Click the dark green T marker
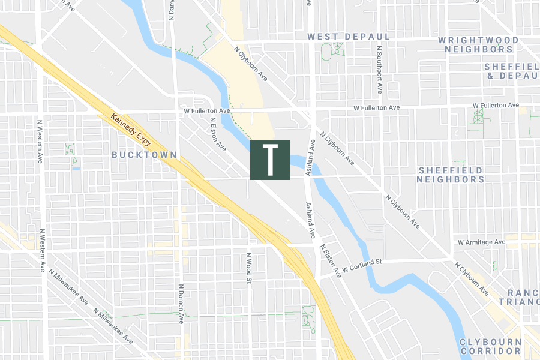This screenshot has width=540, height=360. point(270,160)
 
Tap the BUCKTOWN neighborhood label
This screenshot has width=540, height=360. point(144,155)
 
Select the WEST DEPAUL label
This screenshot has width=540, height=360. point(349,37)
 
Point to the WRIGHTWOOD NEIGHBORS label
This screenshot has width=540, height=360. point(478,44)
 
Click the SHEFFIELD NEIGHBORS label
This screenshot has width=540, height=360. point(451,175)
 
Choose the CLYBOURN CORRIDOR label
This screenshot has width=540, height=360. point(490,346)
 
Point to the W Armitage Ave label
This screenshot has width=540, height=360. point(481,242)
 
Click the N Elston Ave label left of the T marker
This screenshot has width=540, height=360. point(218,134)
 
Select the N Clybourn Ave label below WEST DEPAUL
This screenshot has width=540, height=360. point(250,65)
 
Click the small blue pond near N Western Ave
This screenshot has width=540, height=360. point(76,169)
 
